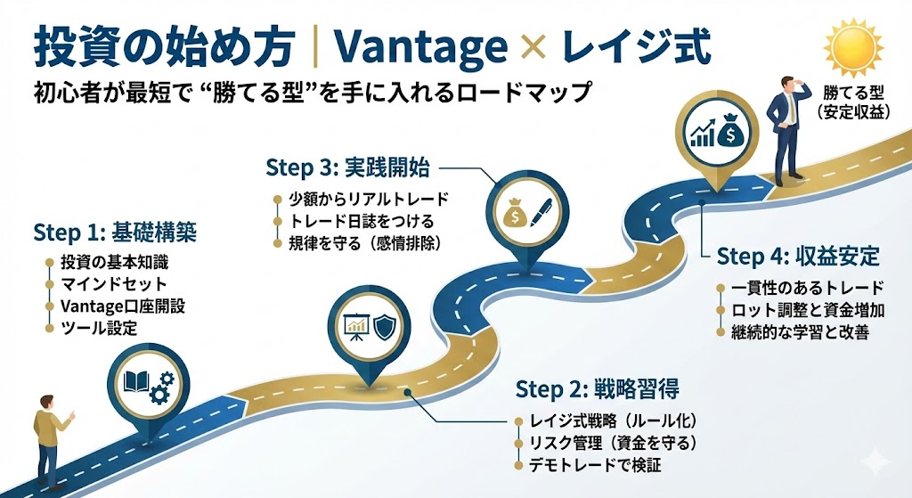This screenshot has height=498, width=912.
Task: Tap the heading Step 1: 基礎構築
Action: coord(115,233)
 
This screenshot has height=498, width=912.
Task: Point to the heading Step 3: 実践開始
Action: coord(347,167)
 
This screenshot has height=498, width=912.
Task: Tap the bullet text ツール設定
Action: coord(99,328)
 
